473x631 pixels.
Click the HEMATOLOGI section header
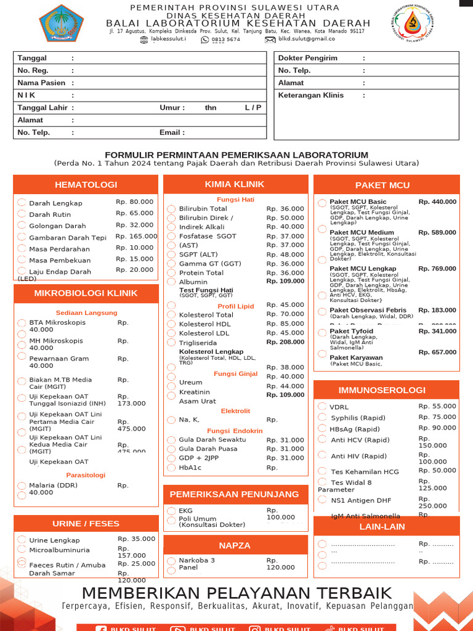pos(86,184)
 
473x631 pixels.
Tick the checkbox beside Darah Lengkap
pos(22,202)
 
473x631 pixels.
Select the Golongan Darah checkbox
pos(22,225)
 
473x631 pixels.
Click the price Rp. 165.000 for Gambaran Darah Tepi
pos(136,236)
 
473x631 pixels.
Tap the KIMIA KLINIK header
pos(235,184)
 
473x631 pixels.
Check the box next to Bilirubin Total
pos(171,209)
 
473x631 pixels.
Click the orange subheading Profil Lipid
pos(235,306)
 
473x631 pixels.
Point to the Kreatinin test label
pos(195,392)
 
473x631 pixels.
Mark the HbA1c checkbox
pos(171,468)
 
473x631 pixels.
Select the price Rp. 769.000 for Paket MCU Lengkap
pos(437,269)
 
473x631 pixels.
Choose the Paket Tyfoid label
pos(352,331)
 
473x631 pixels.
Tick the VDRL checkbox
pos(322,406)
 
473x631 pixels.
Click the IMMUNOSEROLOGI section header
pos(382,390)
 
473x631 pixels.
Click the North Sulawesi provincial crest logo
pos(62,23)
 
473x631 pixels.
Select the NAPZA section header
pos(235,545)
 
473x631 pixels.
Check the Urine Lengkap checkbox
pos(22,540)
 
